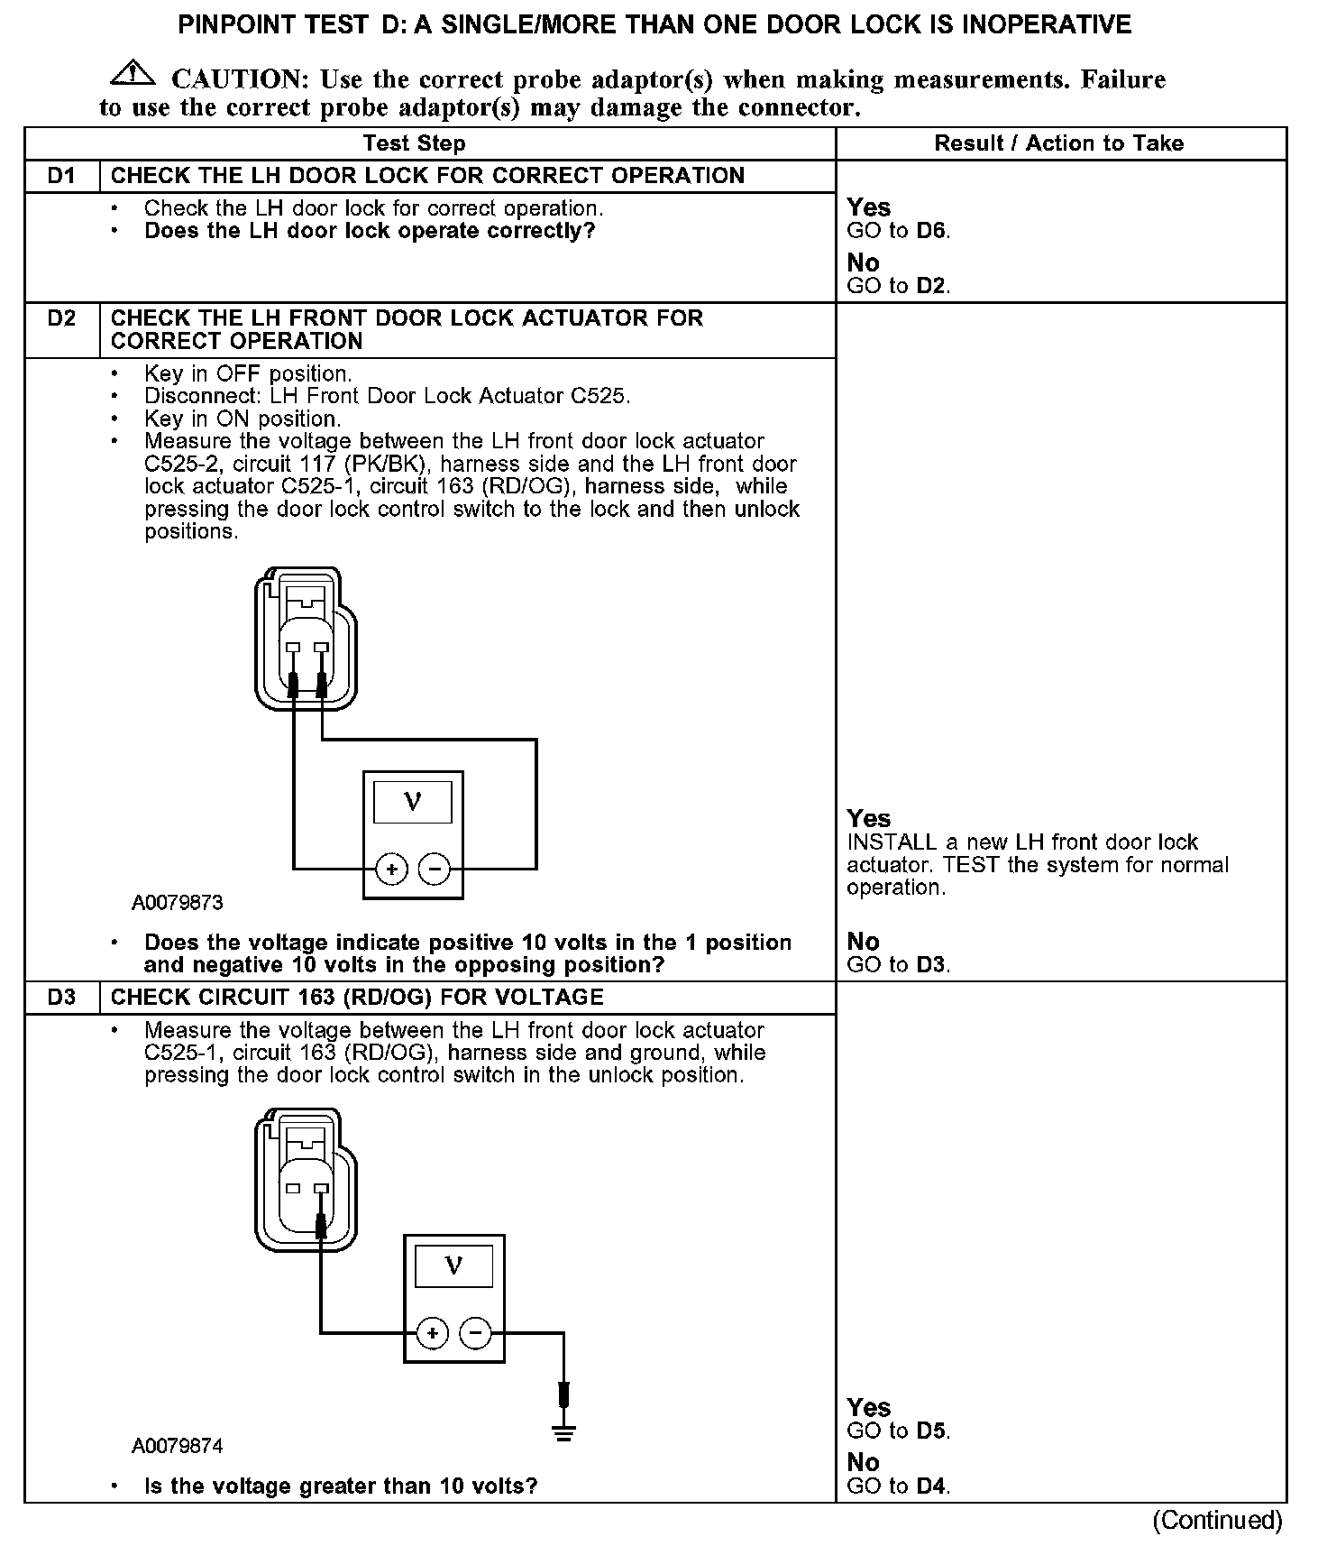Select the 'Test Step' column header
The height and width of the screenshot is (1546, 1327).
tap(414, 143)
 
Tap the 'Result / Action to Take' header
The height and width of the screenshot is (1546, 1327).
tap(1058, 143)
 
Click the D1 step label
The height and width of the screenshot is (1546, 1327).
tap(61, 176)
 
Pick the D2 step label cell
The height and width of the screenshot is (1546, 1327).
tap(61, 318)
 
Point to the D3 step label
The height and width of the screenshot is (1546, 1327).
tap(61, 998)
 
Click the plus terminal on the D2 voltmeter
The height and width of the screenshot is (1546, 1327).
tap(391, 870)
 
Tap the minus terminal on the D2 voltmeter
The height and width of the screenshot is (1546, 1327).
tap(435, 870)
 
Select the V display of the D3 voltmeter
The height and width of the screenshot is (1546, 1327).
tap(453, 1265)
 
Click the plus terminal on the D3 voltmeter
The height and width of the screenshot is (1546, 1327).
tap(433, 1333)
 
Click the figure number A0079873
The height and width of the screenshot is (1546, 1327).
tap(178, 903)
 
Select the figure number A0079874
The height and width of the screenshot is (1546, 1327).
tap(178, 1447)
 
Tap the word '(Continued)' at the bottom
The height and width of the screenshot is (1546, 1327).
tap(1217, 1521)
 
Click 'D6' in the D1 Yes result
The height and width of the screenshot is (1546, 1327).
tap(931, 231)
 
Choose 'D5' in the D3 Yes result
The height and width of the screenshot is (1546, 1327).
tap(931, 1431)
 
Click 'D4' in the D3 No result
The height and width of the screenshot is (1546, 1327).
tap(931, 1486)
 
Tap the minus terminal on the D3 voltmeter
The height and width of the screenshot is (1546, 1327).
tap(475, 1333)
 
